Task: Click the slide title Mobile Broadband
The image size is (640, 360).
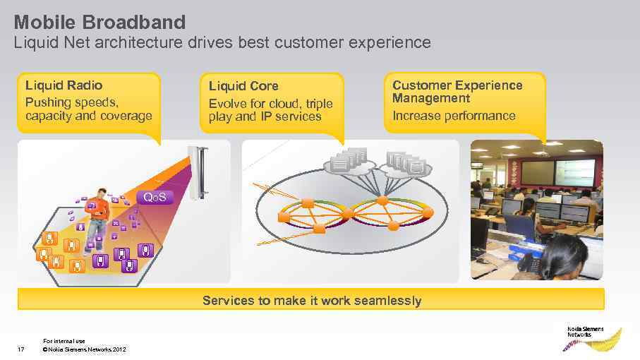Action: tap(99, 21)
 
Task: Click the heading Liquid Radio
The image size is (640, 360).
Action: tap(64, 85)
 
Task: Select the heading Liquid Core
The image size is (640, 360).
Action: tap(243, 86)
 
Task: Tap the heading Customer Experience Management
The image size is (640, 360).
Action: tap(457, 91)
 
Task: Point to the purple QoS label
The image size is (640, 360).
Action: tap(155, 197)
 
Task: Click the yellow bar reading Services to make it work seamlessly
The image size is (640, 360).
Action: tap(311, 301)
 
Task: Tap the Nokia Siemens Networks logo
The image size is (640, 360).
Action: tap(584, 337)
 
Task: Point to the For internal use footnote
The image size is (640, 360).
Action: tap(64, 341)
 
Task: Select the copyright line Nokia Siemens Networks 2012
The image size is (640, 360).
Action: tap(85, 349)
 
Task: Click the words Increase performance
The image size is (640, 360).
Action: tap(454, 116)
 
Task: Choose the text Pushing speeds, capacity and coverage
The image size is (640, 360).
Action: tap(88, 109)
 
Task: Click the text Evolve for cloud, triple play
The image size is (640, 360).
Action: tap(270, 110)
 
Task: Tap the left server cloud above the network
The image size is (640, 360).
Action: tap(349, 161)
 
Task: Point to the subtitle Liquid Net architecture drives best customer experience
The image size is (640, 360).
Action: tap(222, 42)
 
